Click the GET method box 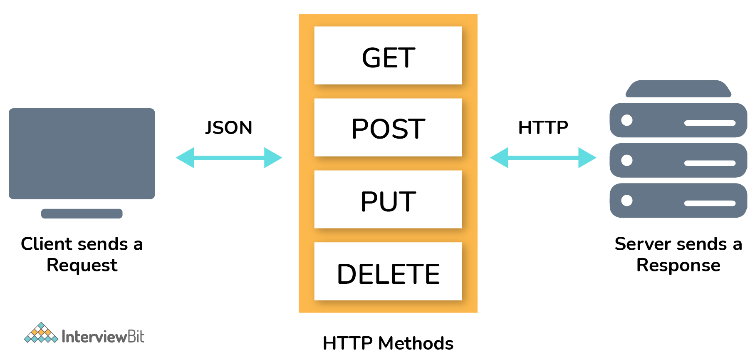388,56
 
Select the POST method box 388,127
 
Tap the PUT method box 388,199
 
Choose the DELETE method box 388,271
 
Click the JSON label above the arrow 229,127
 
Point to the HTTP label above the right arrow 543,127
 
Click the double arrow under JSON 229,158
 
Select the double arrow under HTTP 543,158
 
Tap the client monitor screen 82,153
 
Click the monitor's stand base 82,214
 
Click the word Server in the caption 641,244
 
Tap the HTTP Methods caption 388,343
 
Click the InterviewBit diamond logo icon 41,333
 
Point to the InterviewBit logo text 103,336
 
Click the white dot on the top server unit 627,120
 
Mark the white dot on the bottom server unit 627,201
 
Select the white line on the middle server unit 710,163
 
